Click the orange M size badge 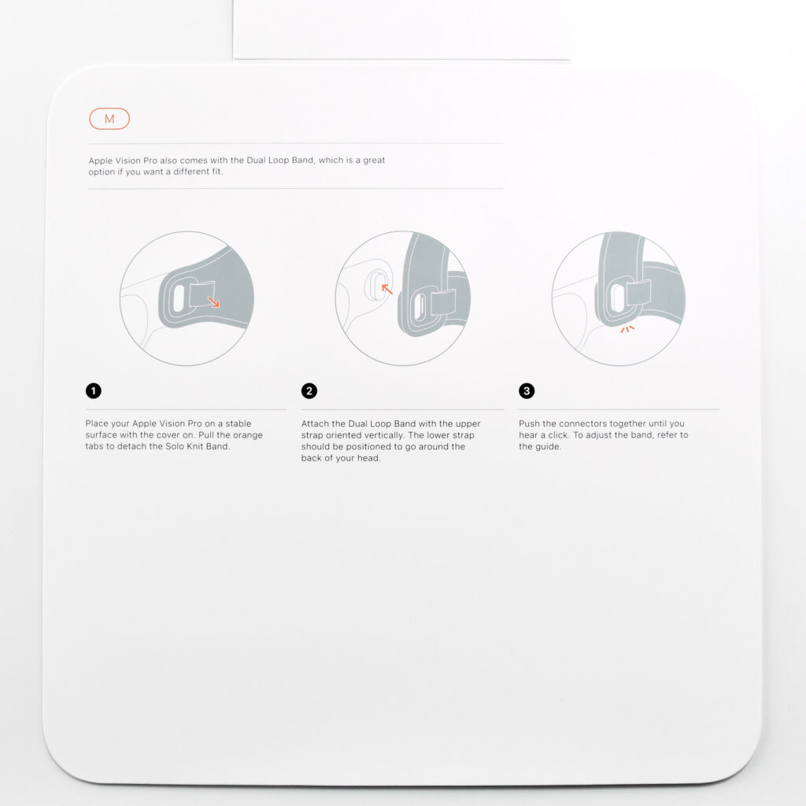coord(109,119)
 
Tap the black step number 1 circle coord(94,390)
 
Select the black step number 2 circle coord(309,390)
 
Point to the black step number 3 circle coord(527,390)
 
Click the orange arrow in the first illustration coord(214,301)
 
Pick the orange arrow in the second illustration coord(387,290)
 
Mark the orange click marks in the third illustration coord(627,329)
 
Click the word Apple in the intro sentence coord(100,161)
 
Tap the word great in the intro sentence coord(374,160)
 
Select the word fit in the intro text coord(217,171)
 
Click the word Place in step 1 coord(97,423)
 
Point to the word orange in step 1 coord(248,434)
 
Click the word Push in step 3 coord(529,423)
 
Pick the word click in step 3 coord(559,434)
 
